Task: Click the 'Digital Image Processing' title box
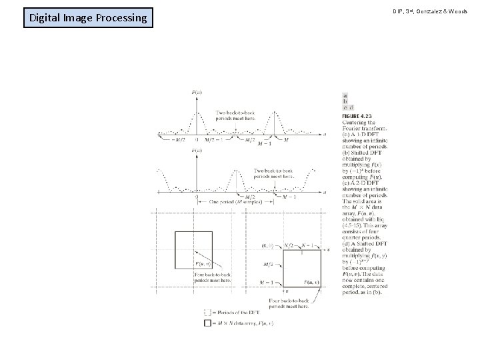pos(87,17)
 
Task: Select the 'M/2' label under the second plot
pos(250,197)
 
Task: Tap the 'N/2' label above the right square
pos(289,245)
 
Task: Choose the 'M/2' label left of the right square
pos(267,265)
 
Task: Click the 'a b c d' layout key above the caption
pos(347,101)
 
